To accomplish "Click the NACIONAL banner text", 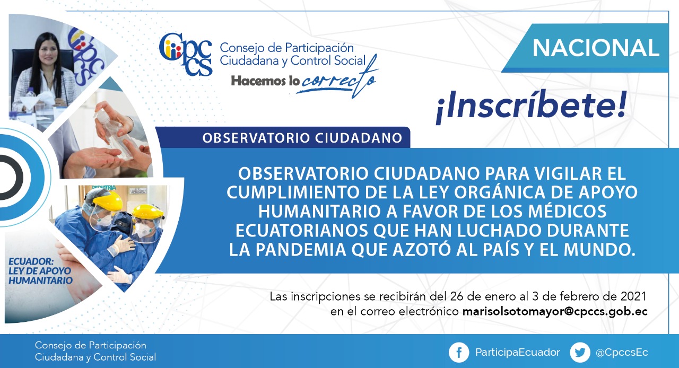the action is coord(596,48).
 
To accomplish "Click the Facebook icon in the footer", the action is coord(459,353).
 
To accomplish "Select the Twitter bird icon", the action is coord(580,353).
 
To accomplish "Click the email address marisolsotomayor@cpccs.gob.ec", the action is coord(555,312).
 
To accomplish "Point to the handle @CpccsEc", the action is coord(622,353).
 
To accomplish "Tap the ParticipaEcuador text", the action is coord(517,352).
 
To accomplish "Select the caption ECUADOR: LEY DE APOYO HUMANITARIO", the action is coord(40,270).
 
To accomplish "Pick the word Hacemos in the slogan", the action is coord(258,81).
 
